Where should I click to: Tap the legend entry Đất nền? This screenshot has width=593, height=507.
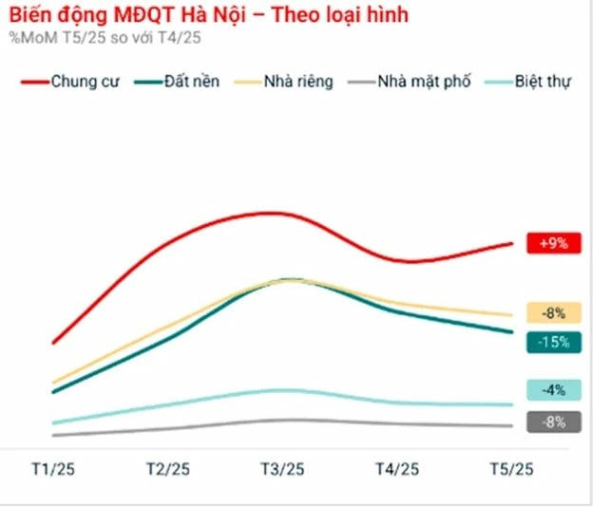coord(191,82)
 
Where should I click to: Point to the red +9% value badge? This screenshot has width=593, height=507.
coord(552,244)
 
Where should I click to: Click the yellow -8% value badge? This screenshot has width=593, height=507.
coord(552,312)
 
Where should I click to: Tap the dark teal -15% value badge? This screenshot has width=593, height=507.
coord(552,342)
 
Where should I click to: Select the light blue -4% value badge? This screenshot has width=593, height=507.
coord(552,389)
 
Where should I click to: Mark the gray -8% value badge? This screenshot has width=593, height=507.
coord(552,422)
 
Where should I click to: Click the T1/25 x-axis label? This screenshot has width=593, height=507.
coord(53,469)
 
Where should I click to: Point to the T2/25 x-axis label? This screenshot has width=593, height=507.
coord(167,469)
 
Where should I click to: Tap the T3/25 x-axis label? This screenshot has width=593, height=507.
coord(282,469)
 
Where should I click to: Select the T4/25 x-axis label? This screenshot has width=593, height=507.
coord(397,469)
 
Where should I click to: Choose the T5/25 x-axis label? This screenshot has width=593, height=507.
coord(511,469)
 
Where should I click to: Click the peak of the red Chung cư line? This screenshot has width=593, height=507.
coord(273,213)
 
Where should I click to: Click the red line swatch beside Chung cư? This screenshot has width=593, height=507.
coord(33,83)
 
